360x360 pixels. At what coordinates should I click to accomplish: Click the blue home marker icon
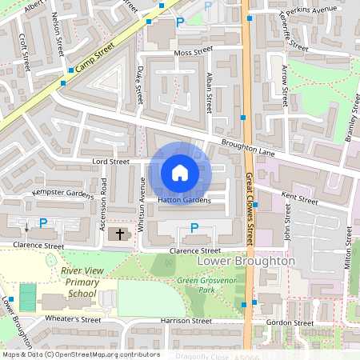coord(180,173)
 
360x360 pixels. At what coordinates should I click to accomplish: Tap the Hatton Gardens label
coord(183,201)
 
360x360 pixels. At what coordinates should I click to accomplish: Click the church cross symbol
coord(120,234)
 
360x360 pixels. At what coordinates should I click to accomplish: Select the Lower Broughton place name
coord(246,261)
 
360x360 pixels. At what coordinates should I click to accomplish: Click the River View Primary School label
coord(79,282)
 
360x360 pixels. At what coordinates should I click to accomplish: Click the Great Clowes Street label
coord(250,210)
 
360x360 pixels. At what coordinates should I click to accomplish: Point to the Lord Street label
coord(110,162)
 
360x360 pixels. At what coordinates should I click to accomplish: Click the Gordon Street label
coord(290,322)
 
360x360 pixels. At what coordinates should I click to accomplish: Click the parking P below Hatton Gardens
coord(194,229)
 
